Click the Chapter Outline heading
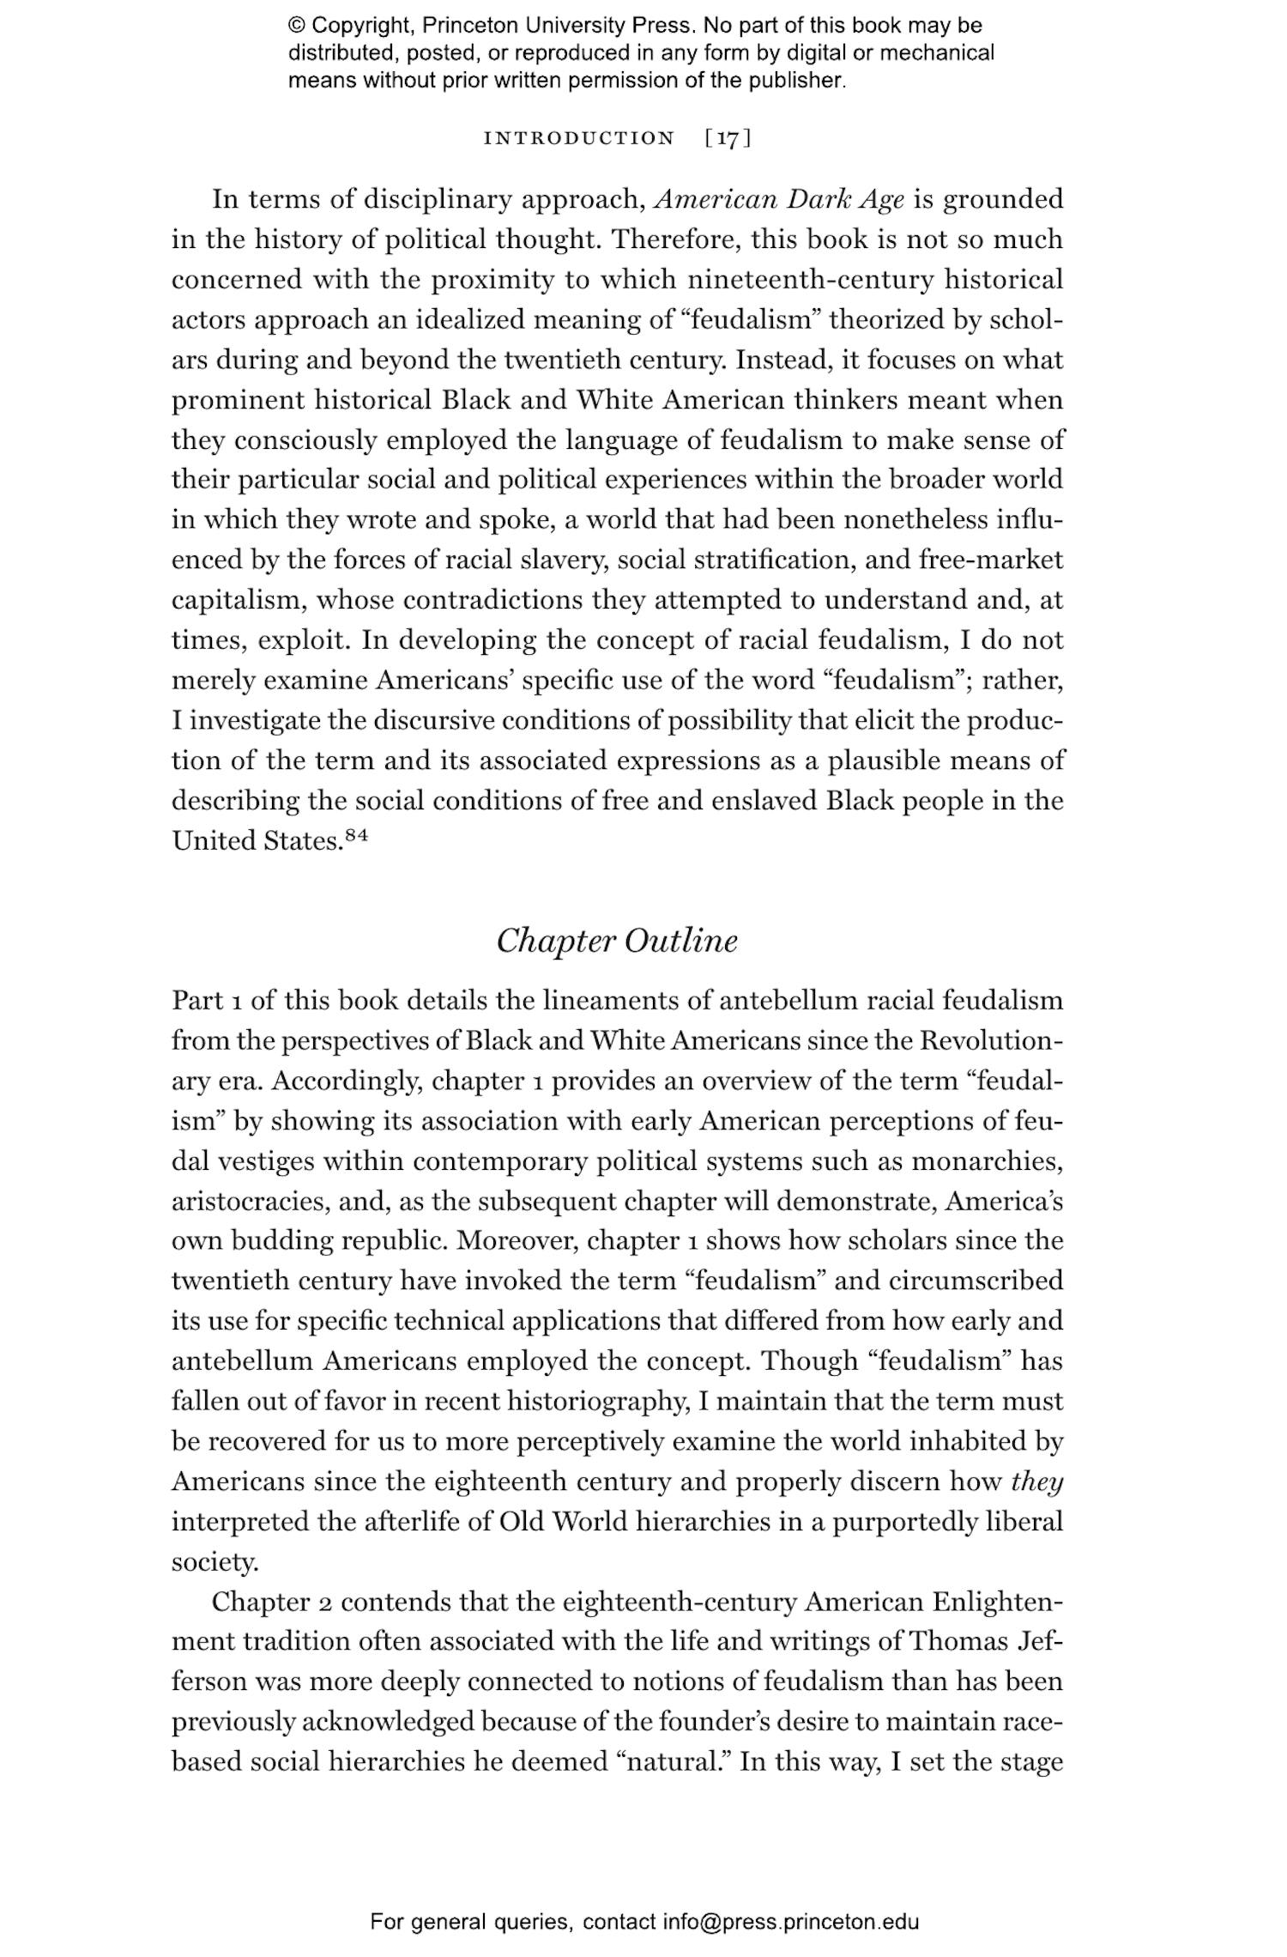[x=617, y=941]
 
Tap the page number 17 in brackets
[x=728, y=138]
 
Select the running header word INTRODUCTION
[x=579, y=138]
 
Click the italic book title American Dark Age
[x=779, y=199]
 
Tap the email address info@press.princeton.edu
[x=790, y=1922]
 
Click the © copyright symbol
[x=297, y=26]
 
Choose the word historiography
[x=598, y=1401]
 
